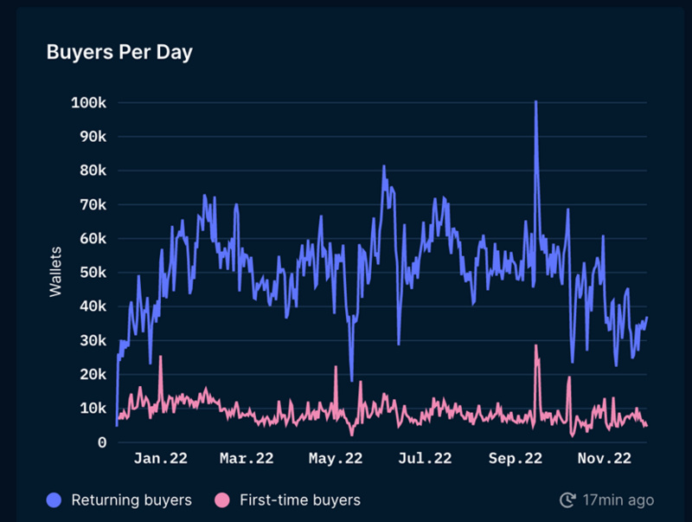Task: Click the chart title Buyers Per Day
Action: click(119, 52)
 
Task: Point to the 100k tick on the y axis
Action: click(88, 103)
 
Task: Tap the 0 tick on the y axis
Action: click(101, 442)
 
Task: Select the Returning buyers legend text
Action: click(131, 499)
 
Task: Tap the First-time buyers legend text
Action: click(299, 499)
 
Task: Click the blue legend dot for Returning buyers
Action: click(55, 499)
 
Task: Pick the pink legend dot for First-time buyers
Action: click(223, 499)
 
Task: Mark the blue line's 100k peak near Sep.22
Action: click(536, 102)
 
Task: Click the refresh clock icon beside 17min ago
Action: click(567, 499)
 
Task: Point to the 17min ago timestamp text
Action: click(618, 499)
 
